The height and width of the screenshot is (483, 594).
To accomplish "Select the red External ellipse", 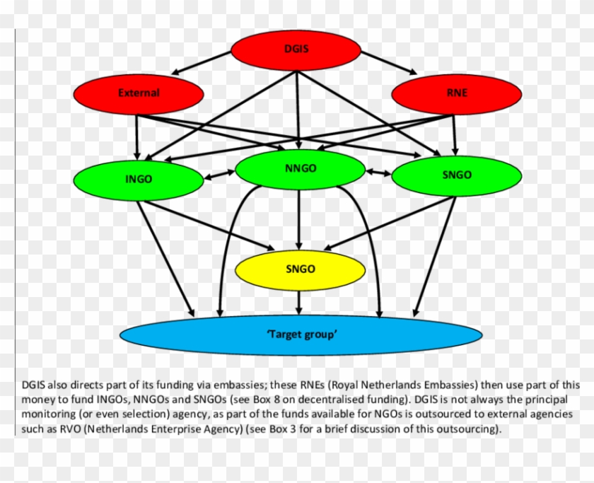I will click(139, 93).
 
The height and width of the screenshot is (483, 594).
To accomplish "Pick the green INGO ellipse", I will click(139, 179).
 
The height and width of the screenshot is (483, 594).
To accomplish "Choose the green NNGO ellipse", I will click(300, 169).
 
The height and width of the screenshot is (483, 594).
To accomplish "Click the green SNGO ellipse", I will click(456, 175).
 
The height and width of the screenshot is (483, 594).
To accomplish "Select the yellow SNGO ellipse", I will click(300, 269).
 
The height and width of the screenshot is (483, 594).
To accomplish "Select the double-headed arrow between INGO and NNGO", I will click(219, 173).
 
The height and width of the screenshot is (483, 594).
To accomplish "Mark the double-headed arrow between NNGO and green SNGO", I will click(378, 171).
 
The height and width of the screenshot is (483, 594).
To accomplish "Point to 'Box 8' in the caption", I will click(267, 400).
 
